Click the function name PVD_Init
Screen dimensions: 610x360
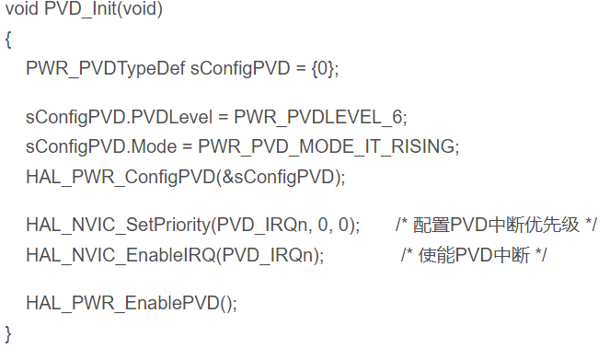tap(80, 8)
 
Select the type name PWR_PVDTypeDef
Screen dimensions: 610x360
tap(106, 68)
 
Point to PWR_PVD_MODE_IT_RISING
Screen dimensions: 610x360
tap(326, 147)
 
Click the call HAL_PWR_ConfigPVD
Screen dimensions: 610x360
tap(121, 177)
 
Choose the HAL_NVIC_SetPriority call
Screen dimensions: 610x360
tap(119, 225)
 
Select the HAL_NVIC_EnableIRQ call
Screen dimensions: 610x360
tap(121, 255)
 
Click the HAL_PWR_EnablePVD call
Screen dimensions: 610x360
tap(122, 303)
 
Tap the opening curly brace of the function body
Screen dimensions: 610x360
tap(8, 40)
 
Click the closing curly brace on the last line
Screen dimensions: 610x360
tap(8, 334)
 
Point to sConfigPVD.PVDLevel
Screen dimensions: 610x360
tap(119, 118)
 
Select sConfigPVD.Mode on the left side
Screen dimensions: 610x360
tap(101, 147)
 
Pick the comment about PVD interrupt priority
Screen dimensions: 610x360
tap(496, 225)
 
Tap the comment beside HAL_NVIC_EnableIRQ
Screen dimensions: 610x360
tap(474, 255)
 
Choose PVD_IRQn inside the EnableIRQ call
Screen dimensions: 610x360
tap(267, 255)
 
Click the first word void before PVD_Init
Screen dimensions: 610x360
tap(22, 8)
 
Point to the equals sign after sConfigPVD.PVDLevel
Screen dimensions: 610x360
tap(223, 118)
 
